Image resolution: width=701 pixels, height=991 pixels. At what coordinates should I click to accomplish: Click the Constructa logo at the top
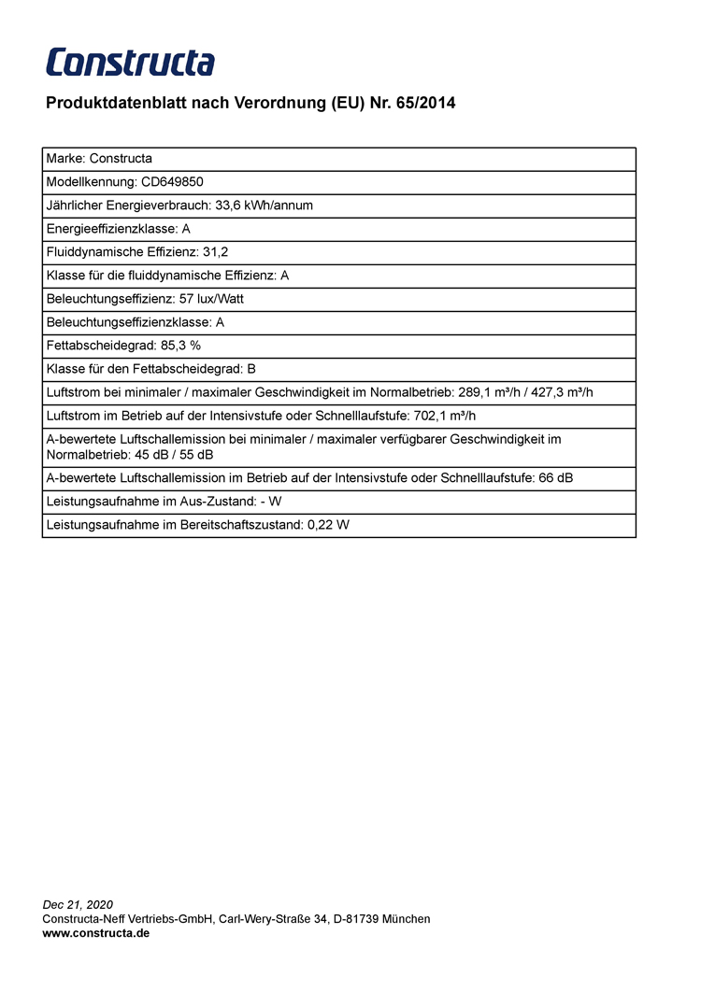[130, 63]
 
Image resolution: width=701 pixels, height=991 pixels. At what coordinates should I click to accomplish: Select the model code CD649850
[172, 182]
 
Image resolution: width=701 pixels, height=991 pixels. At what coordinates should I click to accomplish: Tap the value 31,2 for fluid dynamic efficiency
[216, 252]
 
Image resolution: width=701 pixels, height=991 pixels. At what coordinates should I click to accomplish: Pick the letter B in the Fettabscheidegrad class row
[251, 369]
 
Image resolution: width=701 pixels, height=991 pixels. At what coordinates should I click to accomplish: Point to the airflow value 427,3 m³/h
[563, 392]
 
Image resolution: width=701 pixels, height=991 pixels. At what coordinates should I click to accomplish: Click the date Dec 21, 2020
[78, 905]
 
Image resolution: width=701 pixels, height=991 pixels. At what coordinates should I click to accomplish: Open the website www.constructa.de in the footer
[96, 933]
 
